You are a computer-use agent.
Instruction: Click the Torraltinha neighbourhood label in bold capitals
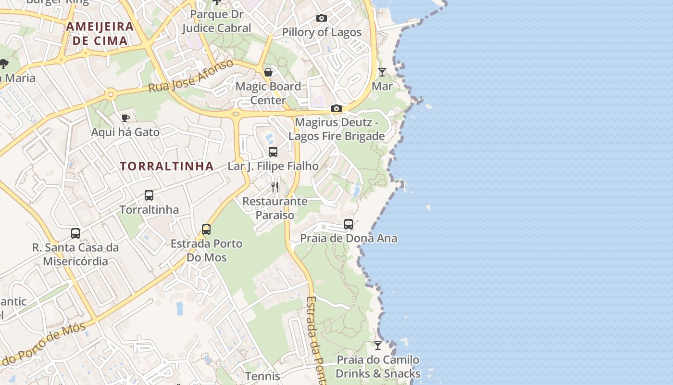[166, 167]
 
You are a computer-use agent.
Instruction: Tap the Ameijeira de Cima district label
[100, 33]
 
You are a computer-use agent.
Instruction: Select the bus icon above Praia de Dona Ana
[349, 224]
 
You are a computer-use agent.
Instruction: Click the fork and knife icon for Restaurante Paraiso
[275, 187]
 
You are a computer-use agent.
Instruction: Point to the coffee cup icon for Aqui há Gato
[125, 118]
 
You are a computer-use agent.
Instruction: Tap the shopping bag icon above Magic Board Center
[268, 72]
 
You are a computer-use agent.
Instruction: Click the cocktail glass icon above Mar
[382, 72]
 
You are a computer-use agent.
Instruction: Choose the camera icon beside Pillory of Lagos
[322, 18]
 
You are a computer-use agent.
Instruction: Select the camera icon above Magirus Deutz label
[336, 108]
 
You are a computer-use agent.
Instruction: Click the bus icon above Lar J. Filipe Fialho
[273, 152]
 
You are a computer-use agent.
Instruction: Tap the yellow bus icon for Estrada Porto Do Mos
[206, 229]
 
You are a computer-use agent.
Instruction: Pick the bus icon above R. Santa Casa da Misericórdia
[75, 233]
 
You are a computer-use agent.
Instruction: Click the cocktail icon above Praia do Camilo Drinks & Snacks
[378, 346]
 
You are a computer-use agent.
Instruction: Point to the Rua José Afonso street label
[191, 76]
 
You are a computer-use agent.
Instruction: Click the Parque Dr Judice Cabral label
[216, 21]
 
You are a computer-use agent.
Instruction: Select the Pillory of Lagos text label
[322, 32]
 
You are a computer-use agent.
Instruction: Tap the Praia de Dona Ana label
[349, 238]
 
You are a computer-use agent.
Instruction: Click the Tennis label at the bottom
[262, 376]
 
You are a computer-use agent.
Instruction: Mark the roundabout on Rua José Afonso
[111, 94]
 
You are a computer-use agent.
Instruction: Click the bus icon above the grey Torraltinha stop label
[149, 195]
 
